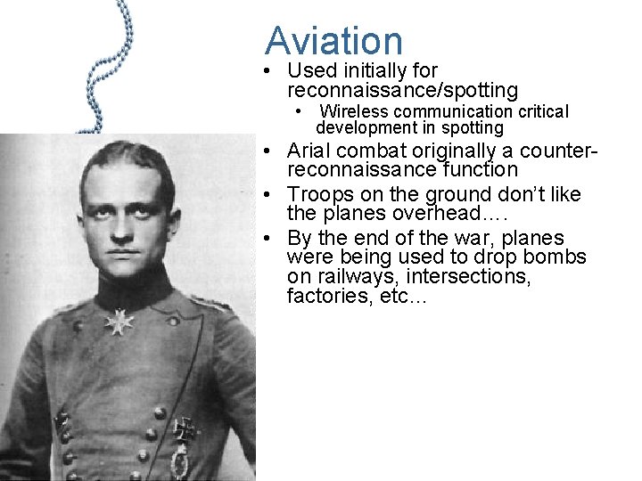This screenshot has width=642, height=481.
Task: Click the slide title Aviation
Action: click(x=333, y=40)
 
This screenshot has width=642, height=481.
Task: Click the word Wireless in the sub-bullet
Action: click(x=356, y=112)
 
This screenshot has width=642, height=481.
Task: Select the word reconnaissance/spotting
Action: click(x=402, y=90)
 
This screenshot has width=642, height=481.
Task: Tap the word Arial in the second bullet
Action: click(x=310, y=149)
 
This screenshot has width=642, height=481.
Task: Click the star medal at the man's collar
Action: click(x=119, y=320)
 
